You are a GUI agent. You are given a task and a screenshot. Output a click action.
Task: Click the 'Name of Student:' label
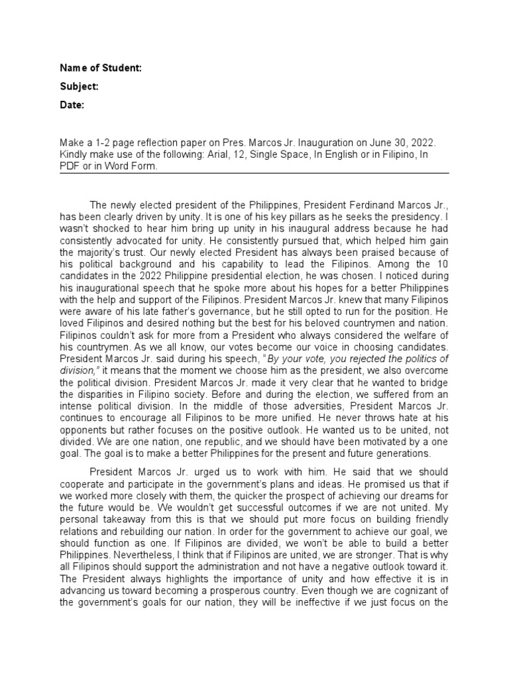pos(100,68)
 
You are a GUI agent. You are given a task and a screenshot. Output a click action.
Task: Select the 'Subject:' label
pos(80,87)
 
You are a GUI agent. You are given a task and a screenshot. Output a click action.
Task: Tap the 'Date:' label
pos(72,105)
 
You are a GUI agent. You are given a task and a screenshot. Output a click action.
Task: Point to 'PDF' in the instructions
pos(70,166)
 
